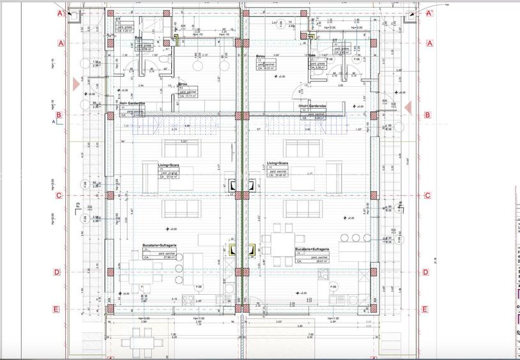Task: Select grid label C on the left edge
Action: [x=58, y=196]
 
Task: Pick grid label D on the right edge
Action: [x=425, y=272]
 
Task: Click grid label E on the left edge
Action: [x=56, y=309]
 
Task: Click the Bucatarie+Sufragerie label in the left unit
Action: [x=159, y=246]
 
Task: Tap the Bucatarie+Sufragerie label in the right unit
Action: [x=312, y=249]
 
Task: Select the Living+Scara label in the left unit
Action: [x=169, y=164]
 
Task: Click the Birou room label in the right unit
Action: [x=261, y=56]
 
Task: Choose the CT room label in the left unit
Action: [x=118, y=19]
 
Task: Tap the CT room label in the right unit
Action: [x=334, y=40]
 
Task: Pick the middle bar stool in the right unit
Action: [x=357, y=239]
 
